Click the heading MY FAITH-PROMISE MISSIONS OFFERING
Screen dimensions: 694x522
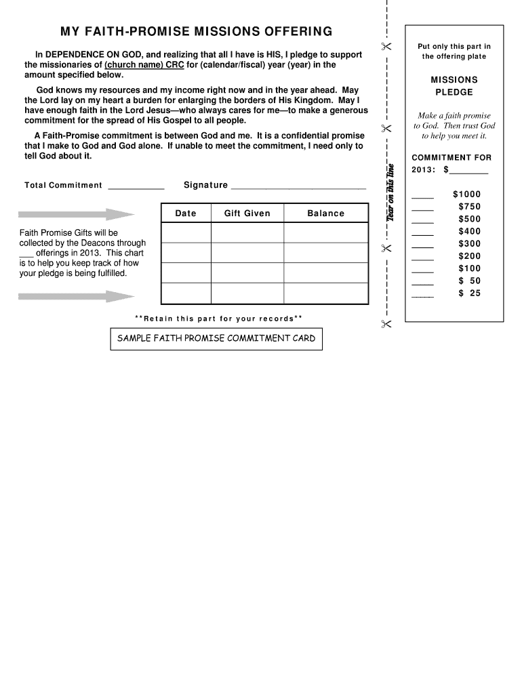click(196, 32)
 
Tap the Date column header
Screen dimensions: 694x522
click(185, 213)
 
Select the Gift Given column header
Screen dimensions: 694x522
click(247, 213)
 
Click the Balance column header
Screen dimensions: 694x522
click(325, 213)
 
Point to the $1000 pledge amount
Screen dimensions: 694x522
click(467, 195)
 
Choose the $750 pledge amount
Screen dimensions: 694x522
click(469, 207)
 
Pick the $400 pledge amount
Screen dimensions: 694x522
click(469, 231)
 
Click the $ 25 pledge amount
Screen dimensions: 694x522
click(469, 293)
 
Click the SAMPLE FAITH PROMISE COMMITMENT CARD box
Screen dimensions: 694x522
click(216, 338)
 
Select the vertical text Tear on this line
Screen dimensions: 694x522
click(391, 192)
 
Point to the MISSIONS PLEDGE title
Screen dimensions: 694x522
click(454, 86)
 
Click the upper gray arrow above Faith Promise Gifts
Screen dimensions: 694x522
click(76, 215)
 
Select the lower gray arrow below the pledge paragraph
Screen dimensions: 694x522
click(76, 296)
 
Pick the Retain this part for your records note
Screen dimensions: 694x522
click(218, 319)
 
